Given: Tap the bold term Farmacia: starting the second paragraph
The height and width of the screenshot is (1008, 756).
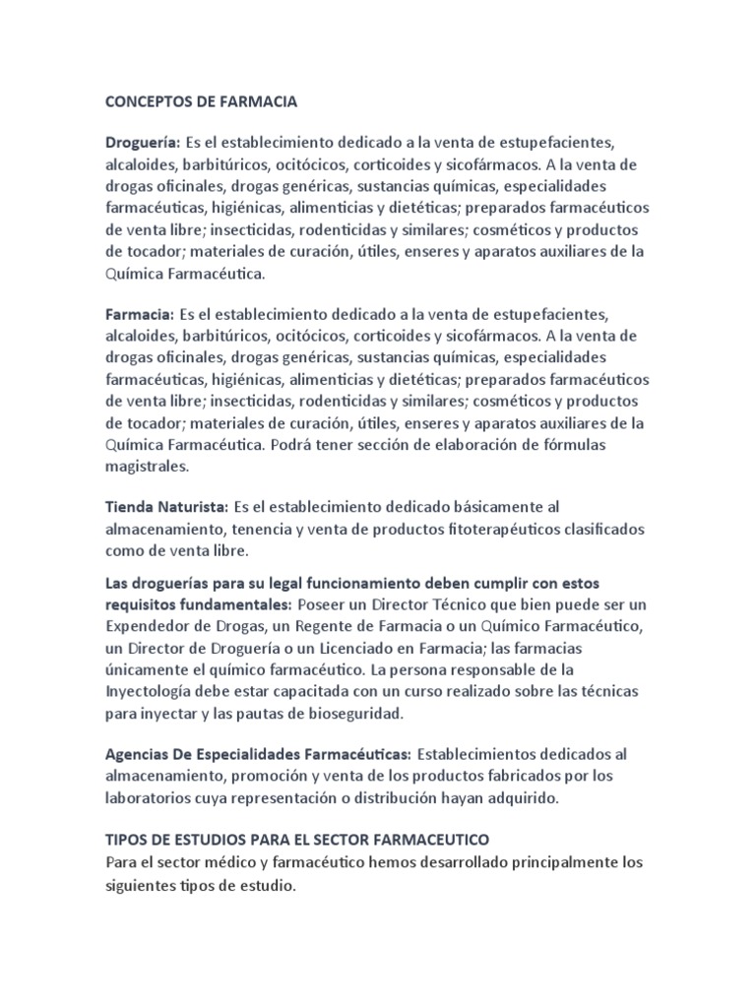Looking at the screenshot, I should click(x=139, y=315).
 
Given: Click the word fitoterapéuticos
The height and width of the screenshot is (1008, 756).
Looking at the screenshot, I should click(x=470, y=529).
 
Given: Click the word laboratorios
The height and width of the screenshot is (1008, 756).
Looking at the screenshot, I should click(x=150, y=797).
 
